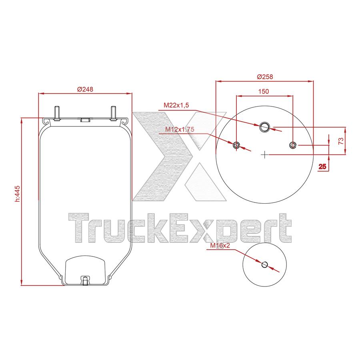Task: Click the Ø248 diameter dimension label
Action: [x=85, y=89]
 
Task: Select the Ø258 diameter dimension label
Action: [x=265, y=76]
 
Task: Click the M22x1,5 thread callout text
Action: [x=176, y=105]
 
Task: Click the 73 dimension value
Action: [x=341, y=141]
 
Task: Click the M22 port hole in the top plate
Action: [x=265, y=127]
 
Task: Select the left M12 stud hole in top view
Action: [x=237, y=145]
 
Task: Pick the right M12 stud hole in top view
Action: [x=293, y=145]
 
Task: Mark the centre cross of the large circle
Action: [x=265, y=154]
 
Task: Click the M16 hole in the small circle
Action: [x=264, y=264]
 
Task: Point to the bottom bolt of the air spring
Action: [x=85, y=280]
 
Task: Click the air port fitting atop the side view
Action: [x=85, y=119]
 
